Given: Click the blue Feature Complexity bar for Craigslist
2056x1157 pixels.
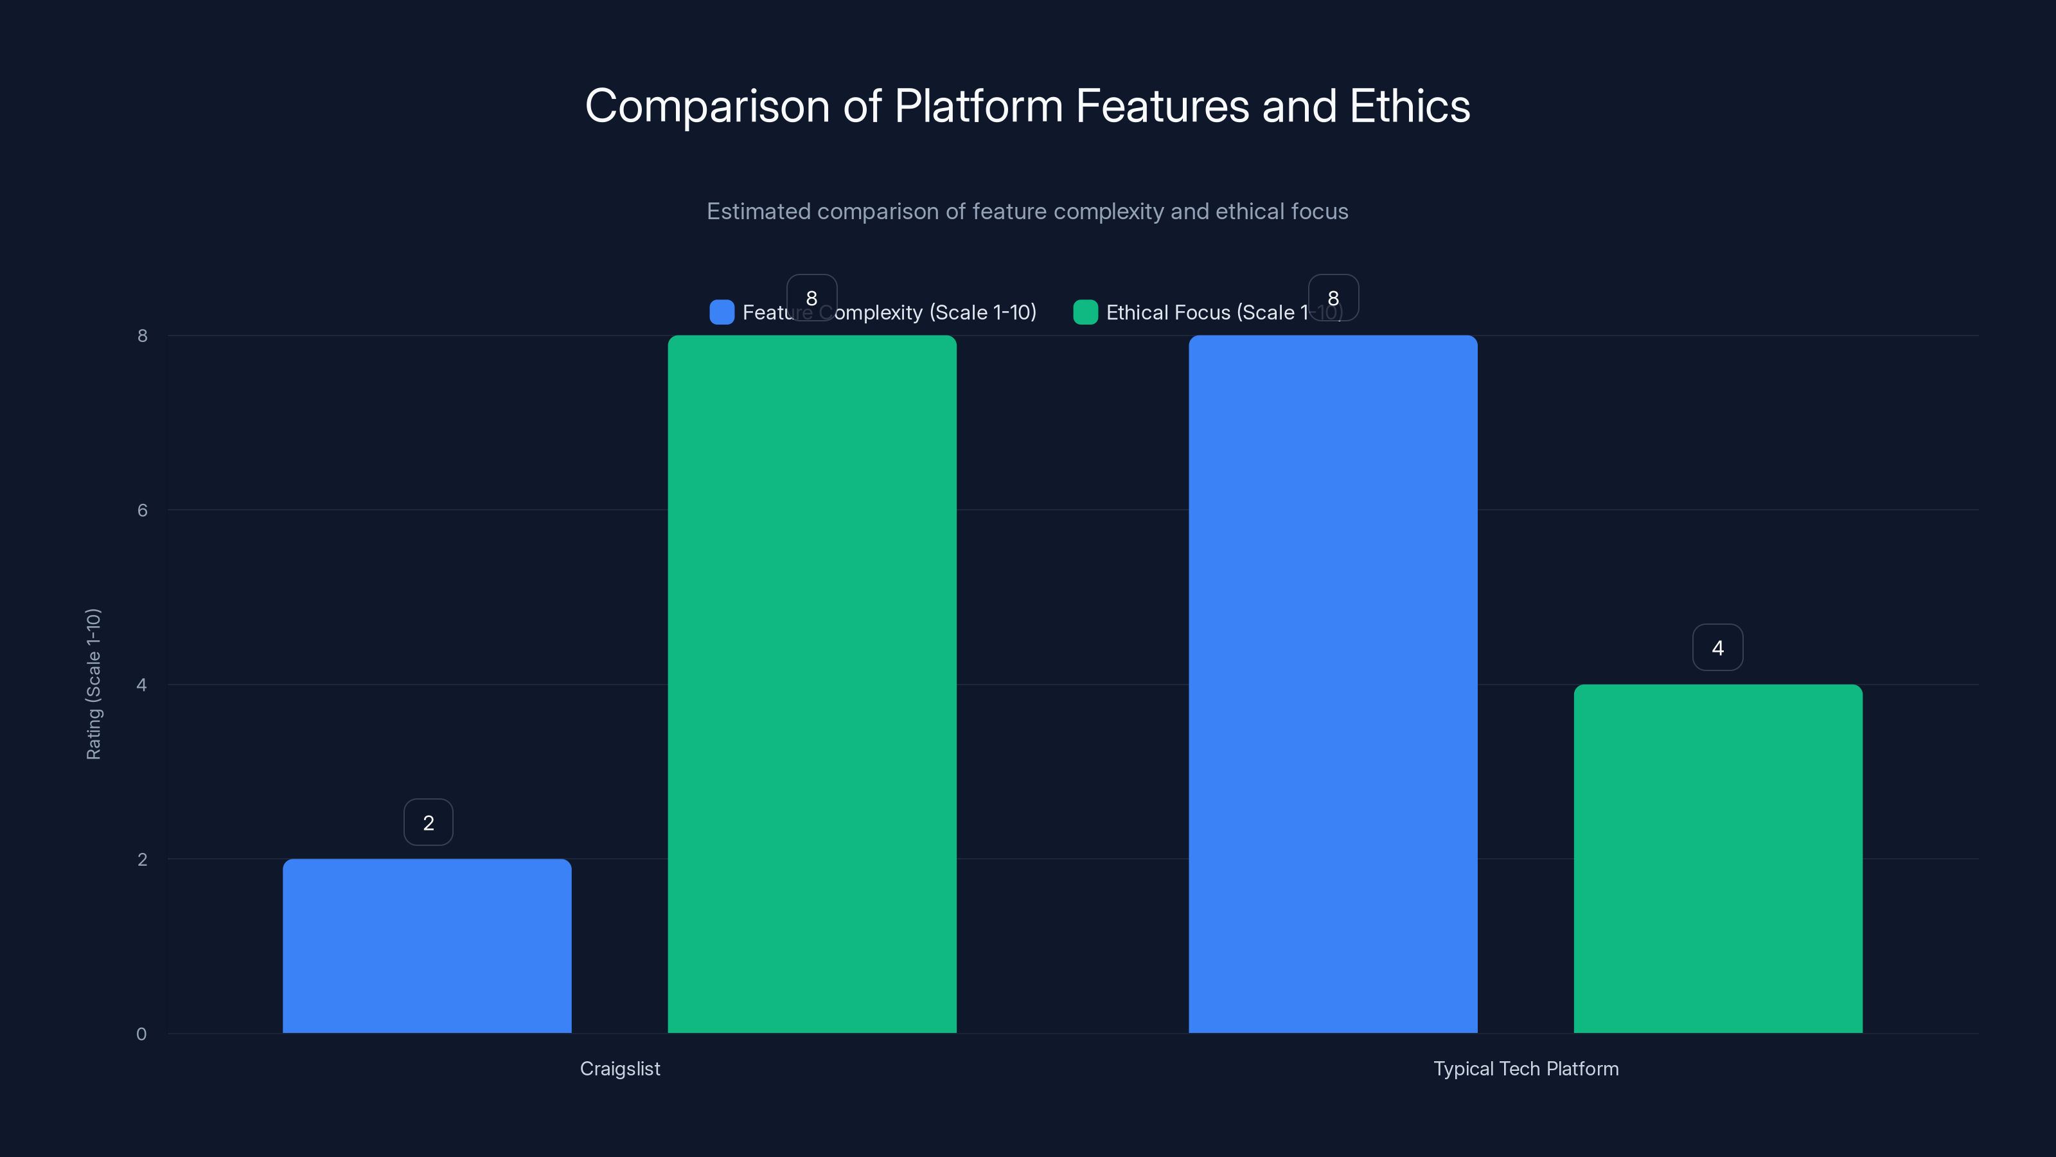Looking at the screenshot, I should click(427, 946).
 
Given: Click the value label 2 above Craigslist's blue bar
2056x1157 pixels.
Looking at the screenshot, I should click(429, 823).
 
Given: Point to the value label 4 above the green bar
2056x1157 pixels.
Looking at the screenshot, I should click(1717, 647).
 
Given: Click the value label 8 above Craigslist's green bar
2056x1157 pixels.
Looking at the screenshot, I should click(811, 298).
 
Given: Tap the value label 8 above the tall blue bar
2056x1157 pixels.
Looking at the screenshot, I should click(1333, 298).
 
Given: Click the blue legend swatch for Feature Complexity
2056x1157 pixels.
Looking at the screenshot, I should click(722, 312).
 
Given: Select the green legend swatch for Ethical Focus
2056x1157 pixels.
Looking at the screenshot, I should click(1085, 312).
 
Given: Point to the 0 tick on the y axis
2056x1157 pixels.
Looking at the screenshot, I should click(141, 1034).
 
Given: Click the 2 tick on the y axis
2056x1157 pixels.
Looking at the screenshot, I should click(142, 859).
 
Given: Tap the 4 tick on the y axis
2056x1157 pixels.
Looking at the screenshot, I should click(141, 685).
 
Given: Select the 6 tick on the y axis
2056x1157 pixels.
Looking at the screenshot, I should click(142, 510).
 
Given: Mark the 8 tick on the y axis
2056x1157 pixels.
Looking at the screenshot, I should click(142, 336).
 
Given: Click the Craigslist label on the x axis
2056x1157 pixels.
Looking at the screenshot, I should click(620, 1068).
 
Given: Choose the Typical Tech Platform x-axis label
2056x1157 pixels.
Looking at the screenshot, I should click(1526, 1068).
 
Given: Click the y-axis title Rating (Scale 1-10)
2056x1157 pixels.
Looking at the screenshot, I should click(93, 685).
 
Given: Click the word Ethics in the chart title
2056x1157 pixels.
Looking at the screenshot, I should click(1410, 105).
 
